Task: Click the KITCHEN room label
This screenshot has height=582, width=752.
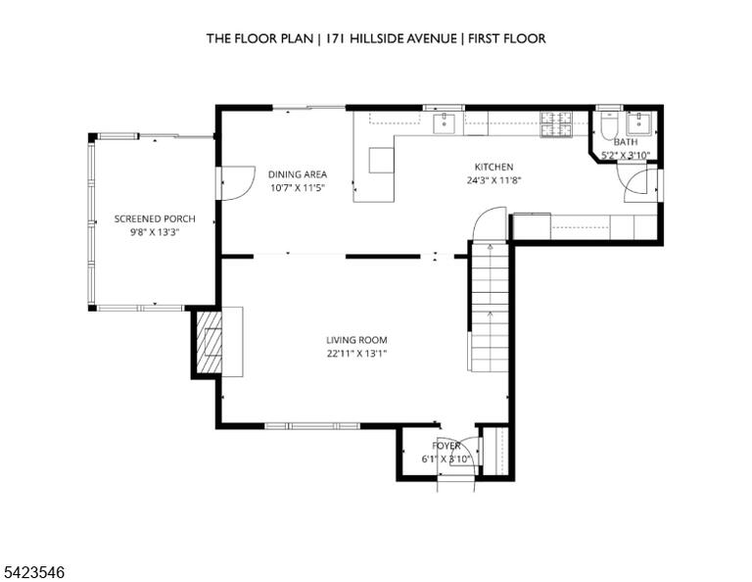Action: (x=493, y=167)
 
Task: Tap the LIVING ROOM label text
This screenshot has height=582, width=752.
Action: (x=356, y=340)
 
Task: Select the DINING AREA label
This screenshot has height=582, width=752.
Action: (x=298, y=174)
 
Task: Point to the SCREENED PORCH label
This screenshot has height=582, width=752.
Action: (x=155, y=218)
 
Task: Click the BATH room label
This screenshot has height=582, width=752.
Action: (x=626, y=142)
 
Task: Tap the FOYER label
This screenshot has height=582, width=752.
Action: (x=446, y=446)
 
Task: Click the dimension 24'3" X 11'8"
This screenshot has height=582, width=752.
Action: (x=493, y=180)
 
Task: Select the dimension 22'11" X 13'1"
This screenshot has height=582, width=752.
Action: (x=356, y=354)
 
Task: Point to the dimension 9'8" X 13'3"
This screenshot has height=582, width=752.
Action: (x=155, y=233)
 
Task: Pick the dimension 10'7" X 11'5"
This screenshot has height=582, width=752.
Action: (x=298, y=188)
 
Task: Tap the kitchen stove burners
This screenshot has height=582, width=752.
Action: (x=556, y=123)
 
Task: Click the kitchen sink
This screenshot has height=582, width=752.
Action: (x=446, y=122)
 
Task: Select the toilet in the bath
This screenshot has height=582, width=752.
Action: (x=610, y=125)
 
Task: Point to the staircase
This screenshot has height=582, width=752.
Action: (x=490, y=307)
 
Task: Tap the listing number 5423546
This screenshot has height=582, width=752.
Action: (x=34, y=572)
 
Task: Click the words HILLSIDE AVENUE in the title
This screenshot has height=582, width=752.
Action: (x=403, y=38)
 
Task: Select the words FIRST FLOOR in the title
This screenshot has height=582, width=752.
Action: (x=507, y=38)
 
